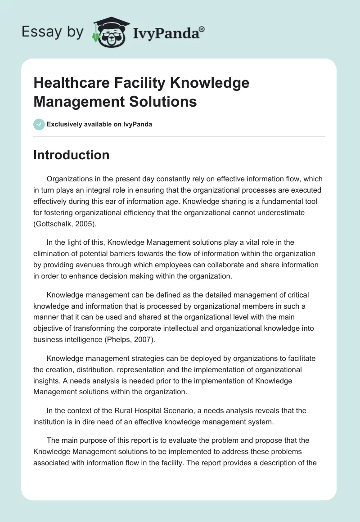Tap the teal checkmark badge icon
pyautogui.click(x=39, y=124)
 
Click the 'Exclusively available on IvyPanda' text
pyautogui.click(x=99, y=124)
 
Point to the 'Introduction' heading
pyautogui.click(x=71, y=155)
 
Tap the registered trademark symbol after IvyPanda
pyautogui.click(x=202, y=29)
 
